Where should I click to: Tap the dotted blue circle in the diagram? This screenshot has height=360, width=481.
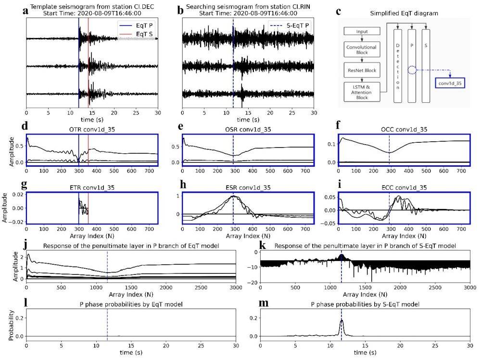(x=412, y=70)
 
